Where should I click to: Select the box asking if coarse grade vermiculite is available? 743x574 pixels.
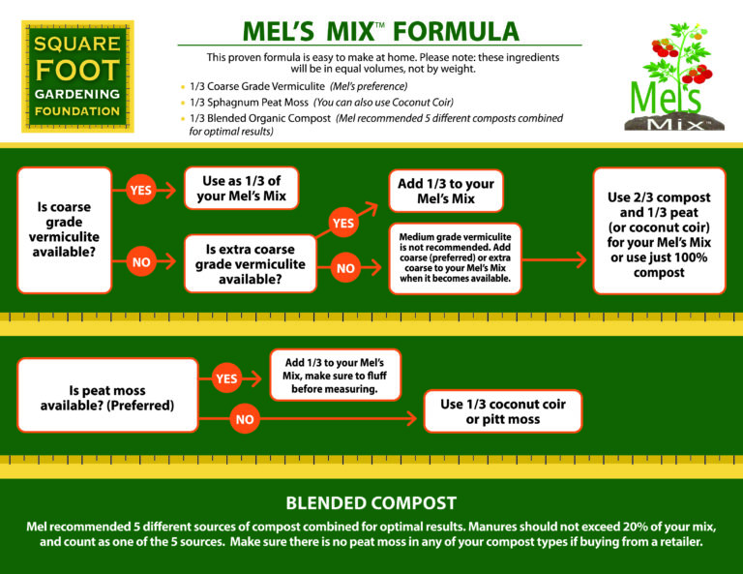64,229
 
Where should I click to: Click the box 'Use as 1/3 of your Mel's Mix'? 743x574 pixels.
242,188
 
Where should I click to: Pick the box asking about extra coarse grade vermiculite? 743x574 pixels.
250,261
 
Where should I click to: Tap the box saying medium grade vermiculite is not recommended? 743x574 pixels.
454,258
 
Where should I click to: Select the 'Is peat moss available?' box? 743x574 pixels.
107,397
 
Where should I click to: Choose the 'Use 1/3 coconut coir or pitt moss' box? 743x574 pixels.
503,410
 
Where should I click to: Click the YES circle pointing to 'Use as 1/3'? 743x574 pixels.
140,190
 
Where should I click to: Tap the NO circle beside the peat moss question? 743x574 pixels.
245,420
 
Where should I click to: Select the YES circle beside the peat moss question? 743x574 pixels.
225,378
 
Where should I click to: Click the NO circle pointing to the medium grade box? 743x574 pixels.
345,268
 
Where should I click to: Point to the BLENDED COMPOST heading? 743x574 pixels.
371,502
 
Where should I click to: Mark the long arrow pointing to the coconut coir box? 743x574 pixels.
339,420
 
